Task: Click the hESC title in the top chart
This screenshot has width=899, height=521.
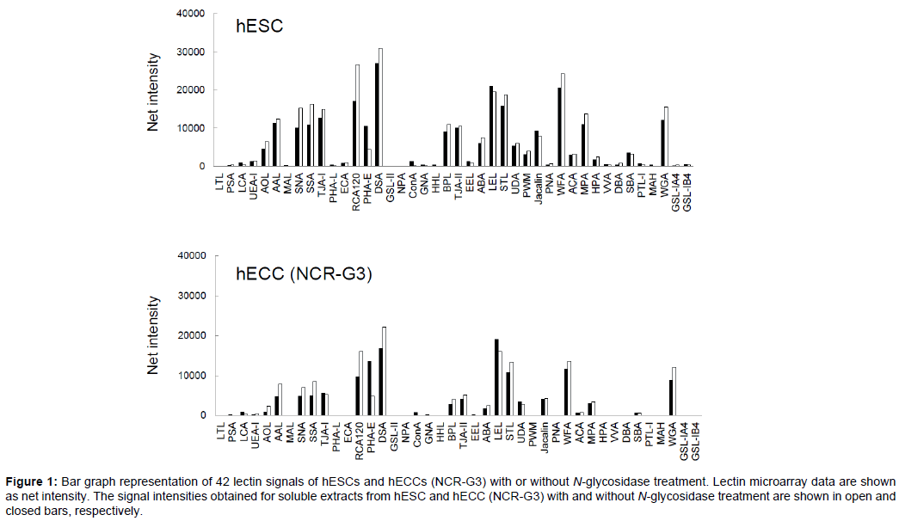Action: click(x=260, y=27)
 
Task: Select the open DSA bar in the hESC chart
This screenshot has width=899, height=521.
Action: click(x=380, y=107)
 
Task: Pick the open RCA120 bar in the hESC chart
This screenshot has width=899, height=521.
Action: click(x=358, y=115)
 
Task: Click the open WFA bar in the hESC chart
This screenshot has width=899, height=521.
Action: click(x=563, y=120)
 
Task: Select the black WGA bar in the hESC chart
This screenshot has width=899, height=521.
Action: click(x=662, y=143)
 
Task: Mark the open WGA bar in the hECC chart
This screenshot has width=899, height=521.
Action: click(x=674, y=391)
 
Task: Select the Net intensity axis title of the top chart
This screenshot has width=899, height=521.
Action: click(x=152, y=91)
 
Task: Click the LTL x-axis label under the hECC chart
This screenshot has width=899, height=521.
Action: click(x=220, y=429)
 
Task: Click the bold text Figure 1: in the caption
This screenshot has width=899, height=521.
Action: click(x=30, y=480)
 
